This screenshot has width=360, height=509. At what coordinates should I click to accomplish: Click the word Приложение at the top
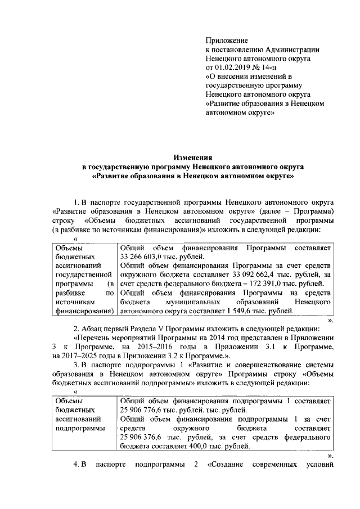tap(227, 40)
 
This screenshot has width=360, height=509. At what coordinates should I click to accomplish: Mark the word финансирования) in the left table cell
tap(83, 310)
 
